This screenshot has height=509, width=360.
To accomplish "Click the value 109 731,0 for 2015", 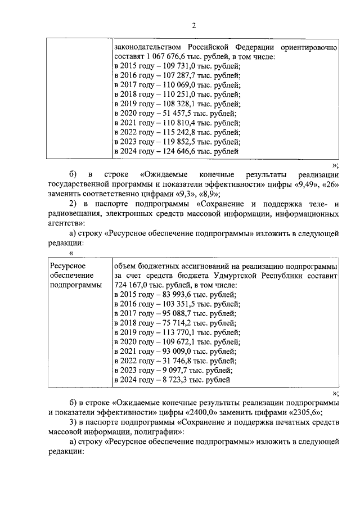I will [x=168, y=66].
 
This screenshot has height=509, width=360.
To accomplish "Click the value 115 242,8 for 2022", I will [x=168, y=133].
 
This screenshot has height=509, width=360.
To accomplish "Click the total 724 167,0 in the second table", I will [x=132, y=285].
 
